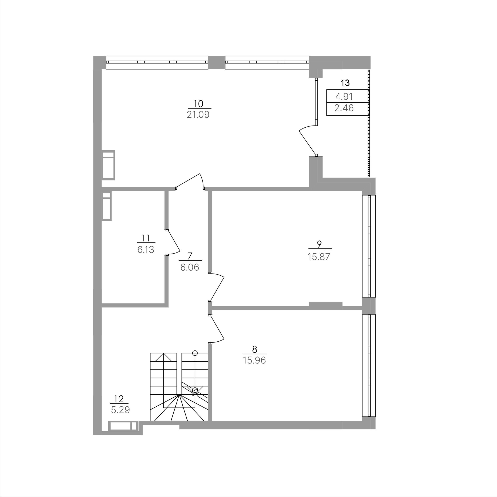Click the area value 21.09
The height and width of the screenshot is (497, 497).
(x=198, y=115)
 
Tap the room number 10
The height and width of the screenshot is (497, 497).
(x=198, y=104)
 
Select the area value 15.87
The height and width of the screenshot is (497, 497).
(x=319, y=257)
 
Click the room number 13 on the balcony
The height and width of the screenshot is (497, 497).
(x=345, y=83)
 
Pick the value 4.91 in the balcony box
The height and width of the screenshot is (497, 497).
(x=344, y=96)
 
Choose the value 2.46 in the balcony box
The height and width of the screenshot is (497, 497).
(x=344, y=108)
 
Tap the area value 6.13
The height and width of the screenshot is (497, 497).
(x=146, y=250)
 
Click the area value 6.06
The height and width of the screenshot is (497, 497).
(x=190, y=267)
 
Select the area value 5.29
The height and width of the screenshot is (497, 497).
(x=120, y=410)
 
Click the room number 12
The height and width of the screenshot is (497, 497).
(x=119, y=399)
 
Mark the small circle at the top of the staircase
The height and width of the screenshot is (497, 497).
(x=195, y=353)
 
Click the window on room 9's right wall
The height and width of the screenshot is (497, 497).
(x=369, y=246)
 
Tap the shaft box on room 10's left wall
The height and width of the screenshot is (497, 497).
(x=108, y=165)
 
